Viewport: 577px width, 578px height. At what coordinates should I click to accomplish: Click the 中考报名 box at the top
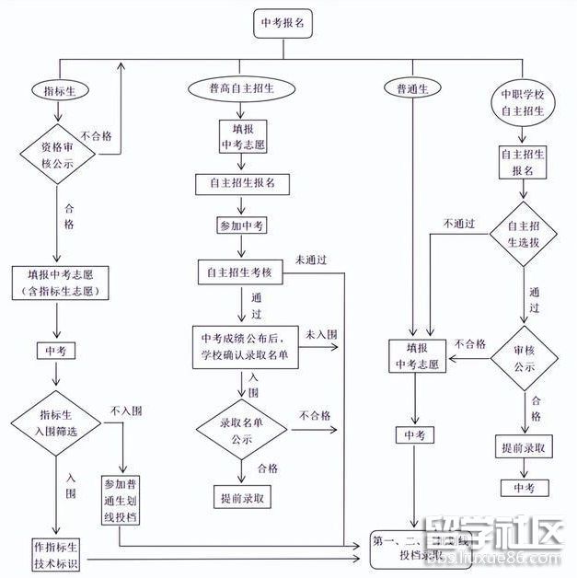(284, 25)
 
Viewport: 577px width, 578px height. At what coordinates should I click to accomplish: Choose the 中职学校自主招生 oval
(523, 102)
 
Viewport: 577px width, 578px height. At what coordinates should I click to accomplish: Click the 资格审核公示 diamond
(59, 154)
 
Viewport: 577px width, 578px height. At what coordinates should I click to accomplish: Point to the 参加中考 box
(242, 225)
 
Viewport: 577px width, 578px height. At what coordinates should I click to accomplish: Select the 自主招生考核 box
(241, 272)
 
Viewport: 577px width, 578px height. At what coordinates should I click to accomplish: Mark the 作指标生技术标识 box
(57, 551)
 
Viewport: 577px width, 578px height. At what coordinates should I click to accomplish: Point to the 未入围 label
(321, 333)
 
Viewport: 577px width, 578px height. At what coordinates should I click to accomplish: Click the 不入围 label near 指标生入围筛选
(125, 410)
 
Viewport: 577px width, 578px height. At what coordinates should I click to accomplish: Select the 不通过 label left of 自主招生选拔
(458, 224)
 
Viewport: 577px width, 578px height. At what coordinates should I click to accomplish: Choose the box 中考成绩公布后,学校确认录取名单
(245, 348)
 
